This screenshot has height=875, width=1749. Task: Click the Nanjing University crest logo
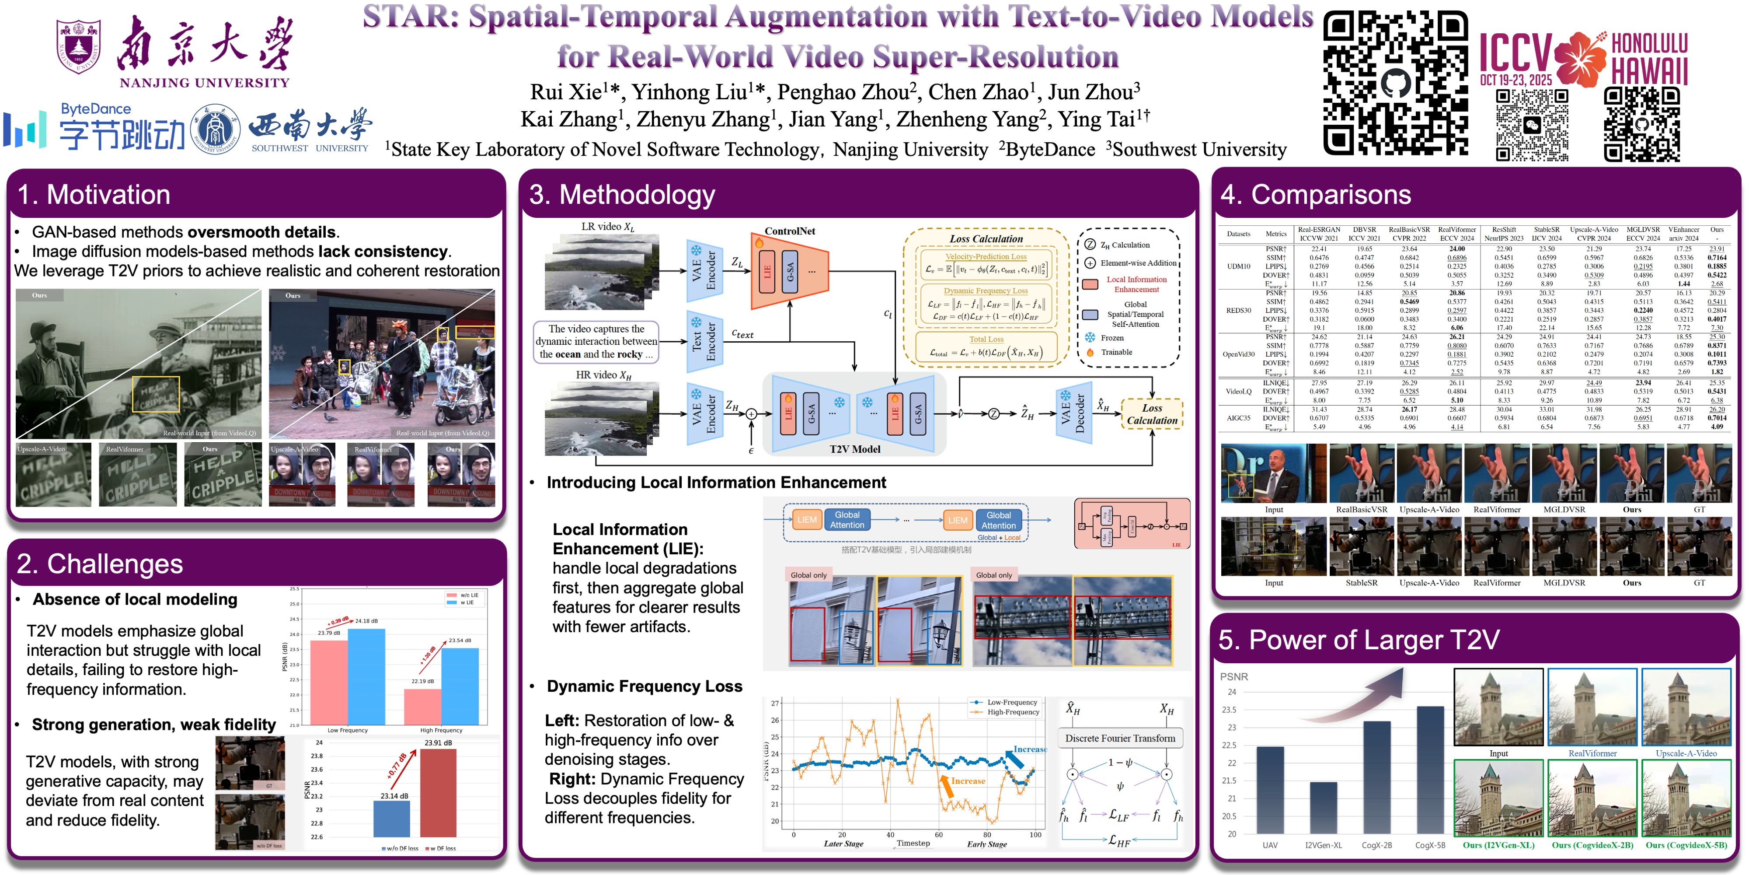point(79,46)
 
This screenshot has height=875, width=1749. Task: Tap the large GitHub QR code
point(1395,83)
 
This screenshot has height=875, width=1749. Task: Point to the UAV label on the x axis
point(1270,845)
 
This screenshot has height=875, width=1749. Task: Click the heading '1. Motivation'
point(94,195)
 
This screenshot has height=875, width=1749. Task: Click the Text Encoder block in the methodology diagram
point(704,342)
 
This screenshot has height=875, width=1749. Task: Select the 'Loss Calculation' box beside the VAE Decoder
point(1152,414)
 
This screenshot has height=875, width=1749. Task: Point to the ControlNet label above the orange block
point(790,231)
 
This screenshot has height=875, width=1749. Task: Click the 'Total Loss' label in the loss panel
point(986,339)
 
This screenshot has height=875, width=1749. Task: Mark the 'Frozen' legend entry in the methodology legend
point(1111,338)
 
